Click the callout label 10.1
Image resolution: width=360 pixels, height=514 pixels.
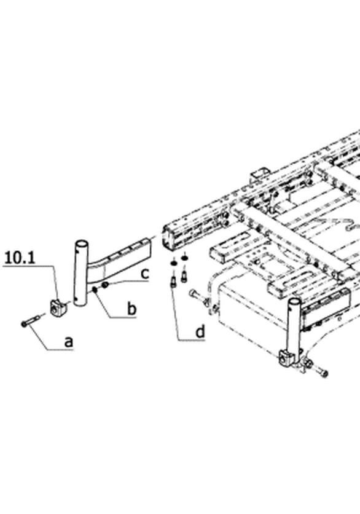pyautogui.click(x=20, y=258)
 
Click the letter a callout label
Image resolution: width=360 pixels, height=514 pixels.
pyautogui.click(x=68, y=342)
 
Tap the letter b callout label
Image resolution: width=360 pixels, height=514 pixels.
pyautogui.click(x=131, y=309)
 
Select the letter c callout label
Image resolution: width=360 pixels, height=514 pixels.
pyautogui.click(x=146, y=274)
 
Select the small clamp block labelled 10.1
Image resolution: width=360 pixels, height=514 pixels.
pyautogui.click(x=58, y=308)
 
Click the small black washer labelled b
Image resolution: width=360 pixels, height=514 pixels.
pyautogui.click(x=95, y=289)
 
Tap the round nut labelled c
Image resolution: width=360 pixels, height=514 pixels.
pyautogui.click(x=105, y=285)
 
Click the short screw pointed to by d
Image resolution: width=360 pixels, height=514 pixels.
pyautogui.click(x=173, y=282)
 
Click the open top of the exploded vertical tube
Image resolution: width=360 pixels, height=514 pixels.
pyautogui.click(x=82, y=244)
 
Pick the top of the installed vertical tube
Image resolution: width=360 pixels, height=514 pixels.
pyautogui.click(x=294, y=302)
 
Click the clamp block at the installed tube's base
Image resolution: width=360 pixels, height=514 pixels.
pyautogui.click(x=286, y=358)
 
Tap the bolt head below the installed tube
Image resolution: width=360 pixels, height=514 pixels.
pyautogui.click(x=324, y=373)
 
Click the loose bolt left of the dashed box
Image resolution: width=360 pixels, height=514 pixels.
pyautogui.click(x=199, y=297)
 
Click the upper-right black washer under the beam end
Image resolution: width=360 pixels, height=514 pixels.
pyautogui.click(x=185, y=258)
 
